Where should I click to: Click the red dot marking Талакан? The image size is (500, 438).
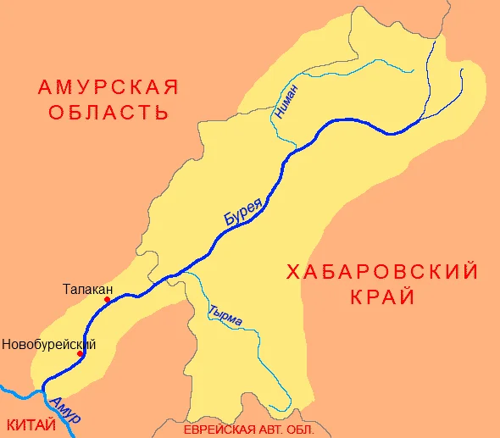coord(108,300)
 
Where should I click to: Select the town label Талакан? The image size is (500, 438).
coord(87,288)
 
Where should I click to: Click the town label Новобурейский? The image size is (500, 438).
coord(48,344)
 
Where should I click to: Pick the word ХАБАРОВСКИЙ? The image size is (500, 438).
coord(382,273)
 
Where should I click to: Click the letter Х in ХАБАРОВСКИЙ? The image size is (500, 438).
coord(292,273)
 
